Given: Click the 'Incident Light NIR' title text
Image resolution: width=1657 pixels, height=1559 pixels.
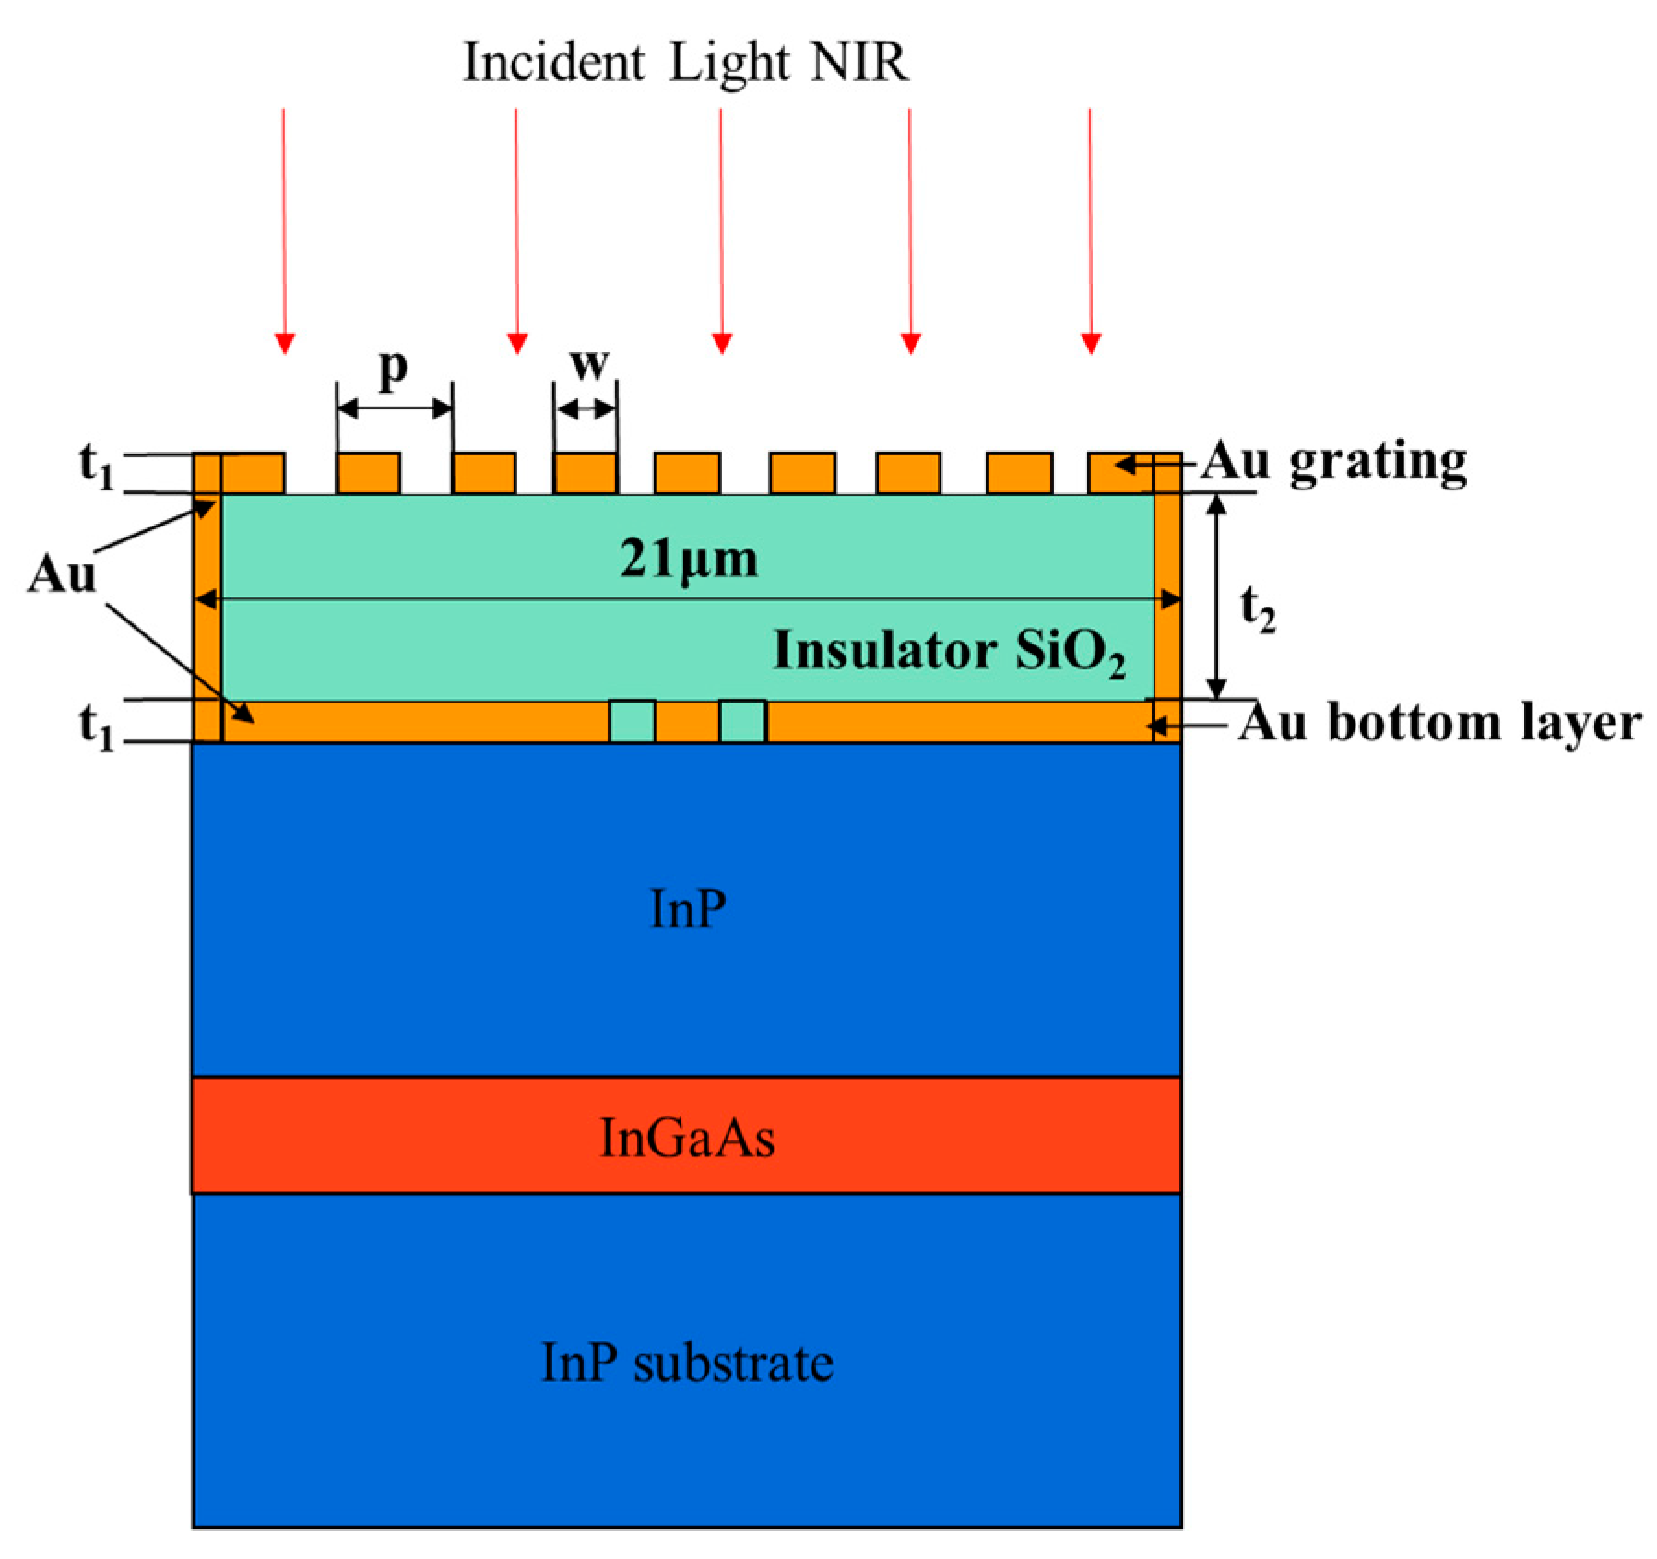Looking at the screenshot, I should coord(685,63).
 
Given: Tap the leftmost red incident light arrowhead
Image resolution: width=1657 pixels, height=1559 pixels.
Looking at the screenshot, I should coord(285,342).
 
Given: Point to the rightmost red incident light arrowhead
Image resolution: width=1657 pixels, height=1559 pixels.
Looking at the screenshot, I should coord(1091,342).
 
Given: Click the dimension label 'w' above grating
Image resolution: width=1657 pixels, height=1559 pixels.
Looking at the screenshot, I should coord(588,364).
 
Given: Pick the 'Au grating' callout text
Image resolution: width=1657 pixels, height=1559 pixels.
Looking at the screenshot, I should coord(1333,462).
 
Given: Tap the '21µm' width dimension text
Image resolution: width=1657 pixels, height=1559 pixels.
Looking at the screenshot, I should coord(688,560).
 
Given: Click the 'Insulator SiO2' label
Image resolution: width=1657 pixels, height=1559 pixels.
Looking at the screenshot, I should coord(949,651).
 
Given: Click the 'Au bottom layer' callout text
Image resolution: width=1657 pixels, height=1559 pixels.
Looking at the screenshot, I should coord(1439,723).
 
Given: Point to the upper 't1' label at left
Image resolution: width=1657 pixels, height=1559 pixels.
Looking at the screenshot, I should coord(96,465).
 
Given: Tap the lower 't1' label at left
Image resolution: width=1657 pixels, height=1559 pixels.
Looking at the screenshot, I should coord(96,727).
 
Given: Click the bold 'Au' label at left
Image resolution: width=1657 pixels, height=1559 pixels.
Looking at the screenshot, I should coord(61,575).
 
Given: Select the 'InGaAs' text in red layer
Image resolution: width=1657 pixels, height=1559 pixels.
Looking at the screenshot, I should coord(687,1137).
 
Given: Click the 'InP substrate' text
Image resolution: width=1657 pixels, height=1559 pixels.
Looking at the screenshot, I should coord(687,1363).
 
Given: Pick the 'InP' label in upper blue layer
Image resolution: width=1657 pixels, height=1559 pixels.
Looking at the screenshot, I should coord(687,909).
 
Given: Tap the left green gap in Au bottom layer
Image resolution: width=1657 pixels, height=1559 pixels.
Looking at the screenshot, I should coord(633,721).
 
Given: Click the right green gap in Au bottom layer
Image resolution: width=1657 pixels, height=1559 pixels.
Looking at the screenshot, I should coord(742,721).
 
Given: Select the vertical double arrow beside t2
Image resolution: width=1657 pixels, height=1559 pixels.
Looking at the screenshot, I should coord(1217,596).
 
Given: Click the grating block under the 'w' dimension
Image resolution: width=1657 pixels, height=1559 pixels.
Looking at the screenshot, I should coord(586,473).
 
